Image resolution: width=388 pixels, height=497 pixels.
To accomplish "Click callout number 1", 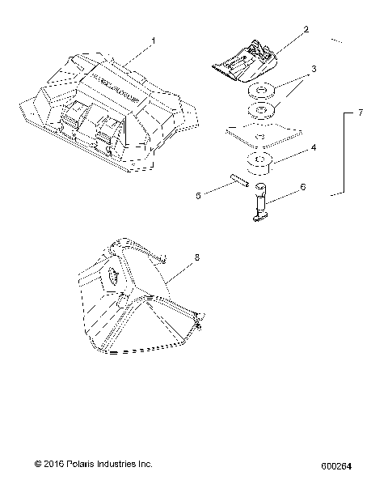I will point(154,38).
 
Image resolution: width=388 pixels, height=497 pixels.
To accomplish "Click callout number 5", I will point(198,195).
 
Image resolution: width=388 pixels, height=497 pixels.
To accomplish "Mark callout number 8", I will point(196,257).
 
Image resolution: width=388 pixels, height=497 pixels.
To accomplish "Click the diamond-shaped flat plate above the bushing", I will point(260,132).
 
